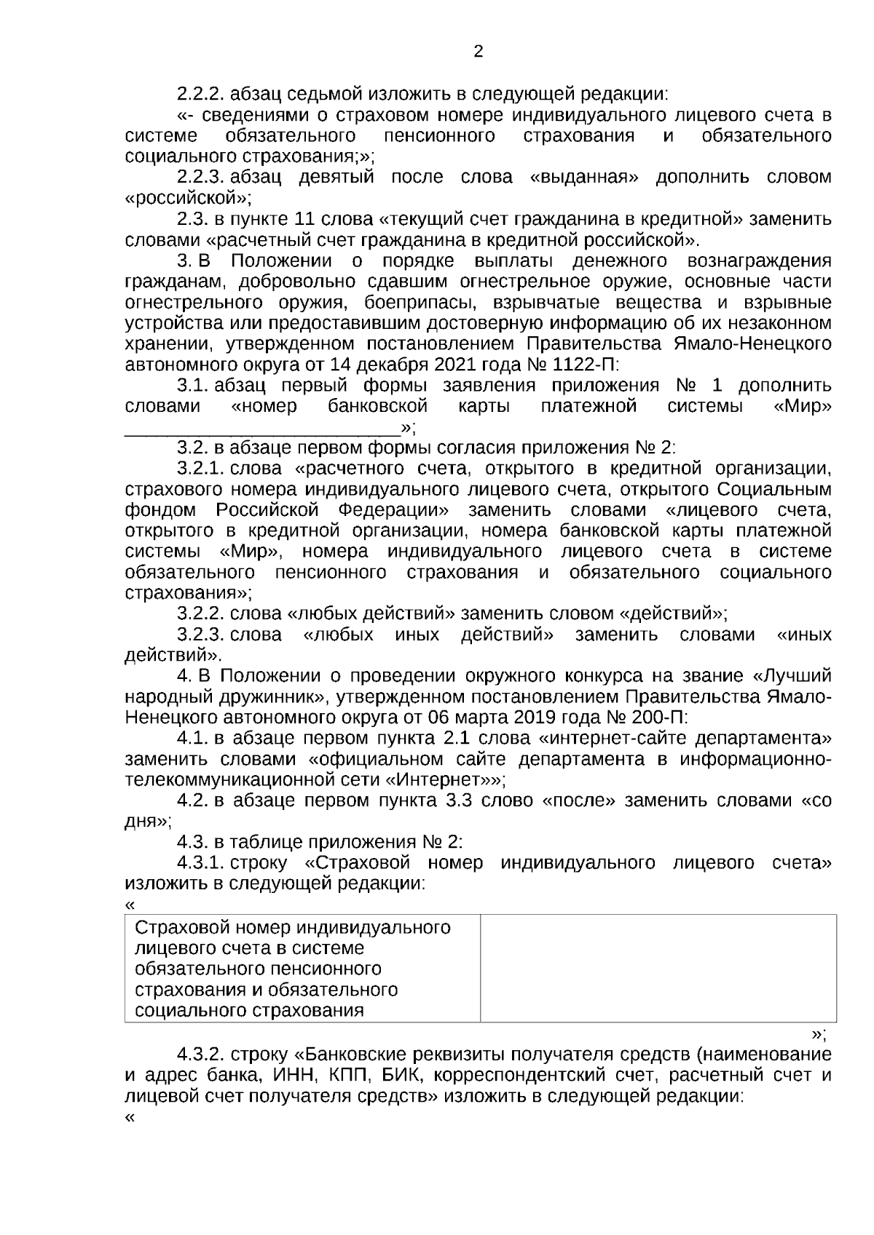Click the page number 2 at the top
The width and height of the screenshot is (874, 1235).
tap(479, 52)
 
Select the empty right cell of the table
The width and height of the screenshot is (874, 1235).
tap(658, 969)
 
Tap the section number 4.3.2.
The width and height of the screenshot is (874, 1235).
tap(203, 1055)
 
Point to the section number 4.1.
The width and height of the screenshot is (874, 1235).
tap(194, 738)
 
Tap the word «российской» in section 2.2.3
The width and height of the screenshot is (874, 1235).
tap(189, 198)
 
